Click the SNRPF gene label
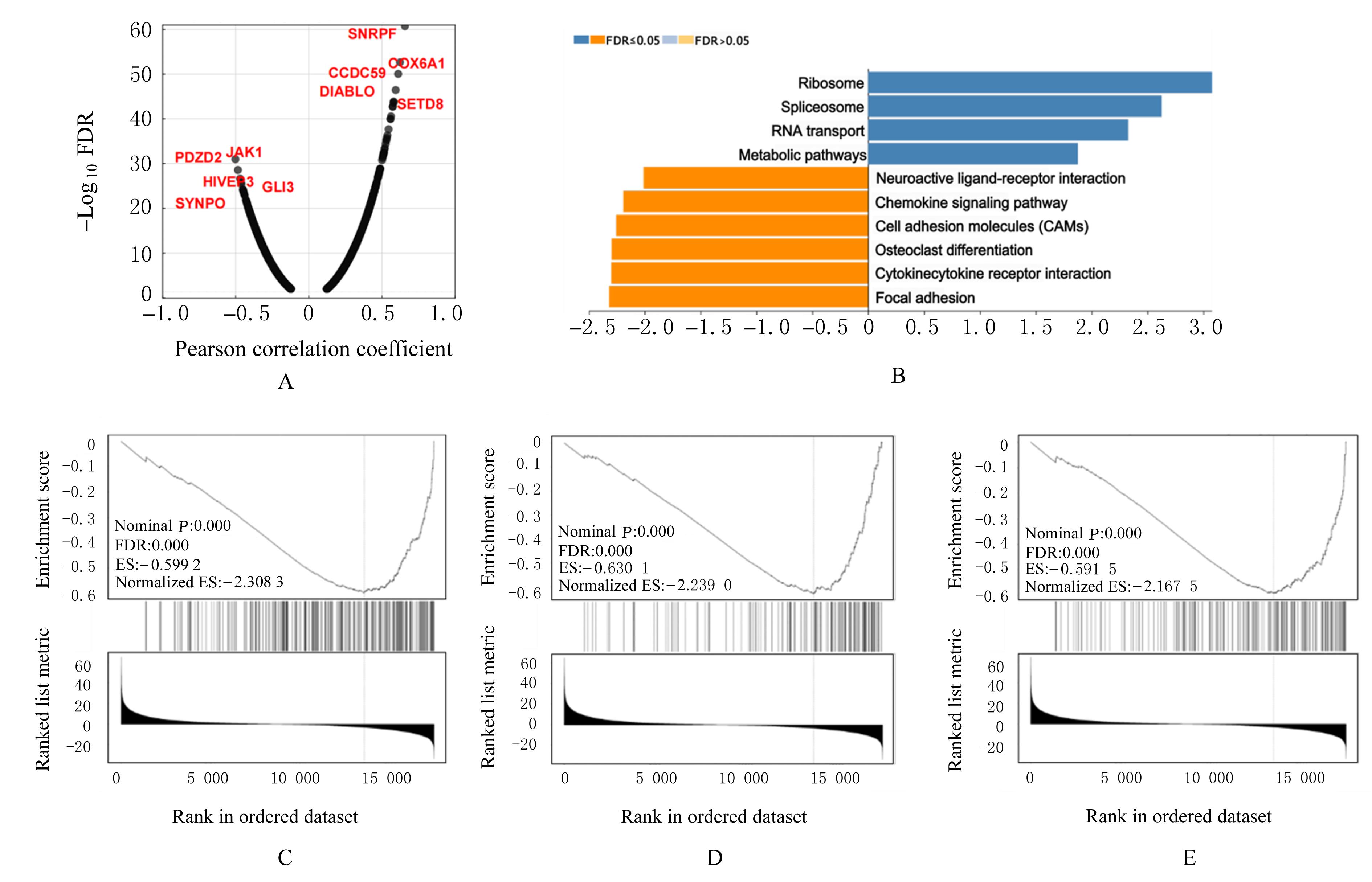click(x=372, y=34)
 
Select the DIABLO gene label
click(x=347, y=92)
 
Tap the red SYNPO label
click(x=200, y=203)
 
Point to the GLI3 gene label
click(x=278, y=187)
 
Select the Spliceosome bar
click(x=1014, y=107)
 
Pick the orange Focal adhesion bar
click(x=738, y=297)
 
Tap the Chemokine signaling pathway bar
click(x=745, y=202)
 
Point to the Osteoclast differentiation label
click(x=953, y=250)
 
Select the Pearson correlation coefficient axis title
click(x=313, y=349)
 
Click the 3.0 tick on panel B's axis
click(x=1205, y=328)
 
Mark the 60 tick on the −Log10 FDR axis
click(x=141, y=30)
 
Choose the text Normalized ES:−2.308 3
click(x=199, y=582)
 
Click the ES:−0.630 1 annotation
click(x=604, y=568)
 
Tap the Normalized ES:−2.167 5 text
click(x=1111, y=586)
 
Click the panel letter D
click(x=714, y=857)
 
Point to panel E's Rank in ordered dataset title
click(x=1179, y=816)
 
